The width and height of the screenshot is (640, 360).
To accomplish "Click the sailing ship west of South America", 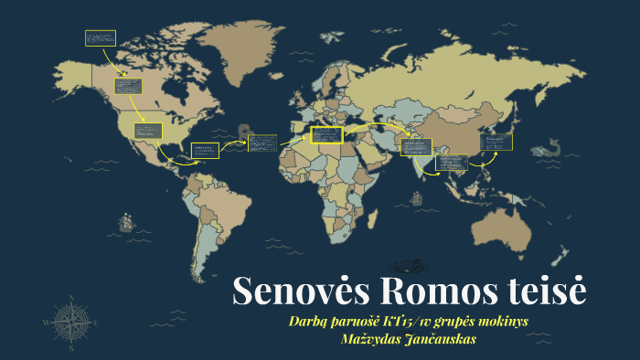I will click(x=124, y=222).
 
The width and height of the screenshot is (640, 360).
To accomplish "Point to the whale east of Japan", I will click(x=550, y=146).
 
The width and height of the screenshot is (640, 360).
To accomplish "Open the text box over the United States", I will click(x=148, y=131).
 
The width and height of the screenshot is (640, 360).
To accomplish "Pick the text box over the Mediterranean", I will click(x=325, y=135).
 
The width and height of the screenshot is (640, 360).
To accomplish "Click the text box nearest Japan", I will click(x=496, y=142).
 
